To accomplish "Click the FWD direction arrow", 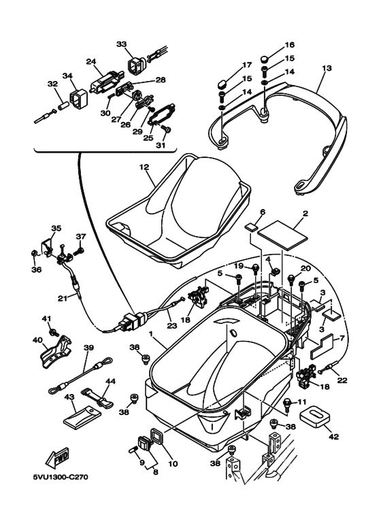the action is click(x=57, y=457).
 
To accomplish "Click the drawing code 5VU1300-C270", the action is click(x=61, y=477).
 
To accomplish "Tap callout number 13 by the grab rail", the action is click(x=327, y=68).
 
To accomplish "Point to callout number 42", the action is click(x=334, y=436).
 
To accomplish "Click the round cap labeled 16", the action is click(x=275, y=59).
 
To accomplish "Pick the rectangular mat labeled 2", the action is click(x=285, y=235).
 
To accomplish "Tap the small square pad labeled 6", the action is click(x=252, y=228).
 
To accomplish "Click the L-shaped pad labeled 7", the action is click(x=321, y=345).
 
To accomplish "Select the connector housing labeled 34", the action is click(x=78, y=97).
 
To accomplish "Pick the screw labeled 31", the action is click(x=166, y=129).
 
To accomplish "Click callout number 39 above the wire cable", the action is click(x=88, y=348).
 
